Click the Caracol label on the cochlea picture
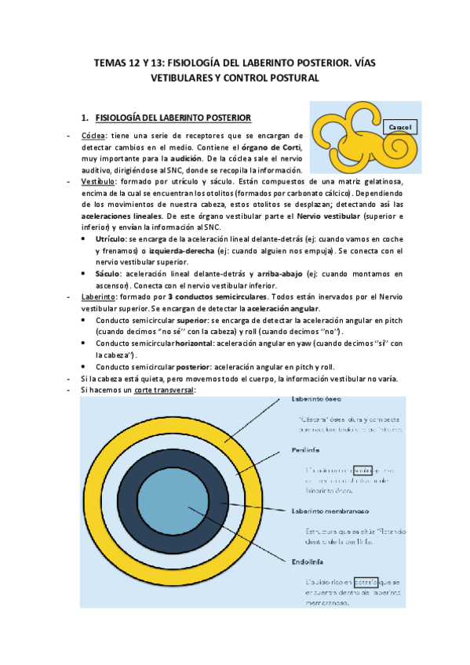tap(401, 125)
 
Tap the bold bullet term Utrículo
tap(109, 237)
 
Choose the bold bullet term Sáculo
tap(107, 273)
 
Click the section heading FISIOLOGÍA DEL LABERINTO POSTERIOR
tap(173, 118)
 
